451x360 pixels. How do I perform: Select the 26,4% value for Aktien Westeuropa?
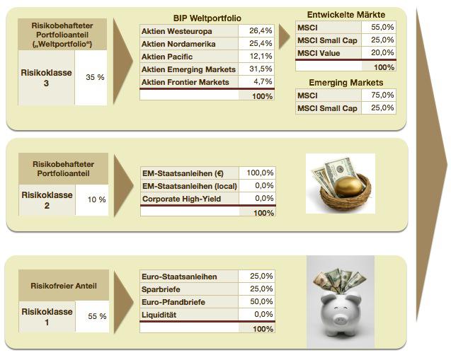pyautogui.click(x=261, y=32)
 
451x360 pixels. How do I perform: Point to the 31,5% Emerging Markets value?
pyautogui.click(x=261, y=69)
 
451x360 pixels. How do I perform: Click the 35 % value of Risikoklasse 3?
pyautogui.click(x=95, y=77)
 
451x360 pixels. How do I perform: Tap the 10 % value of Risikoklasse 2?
pyautogui.click(x=96, y=199)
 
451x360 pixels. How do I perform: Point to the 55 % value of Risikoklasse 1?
pyautogui.click(x=96, y=316)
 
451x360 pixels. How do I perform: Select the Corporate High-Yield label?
pyautogui.click(x=181, y=199)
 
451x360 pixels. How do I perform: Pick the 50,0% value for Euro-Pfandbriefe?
pyautogui.click(x=261, y=302)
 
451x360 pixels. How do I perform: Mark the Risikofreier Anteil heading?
pyautogui.click(x=64, y=286)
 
